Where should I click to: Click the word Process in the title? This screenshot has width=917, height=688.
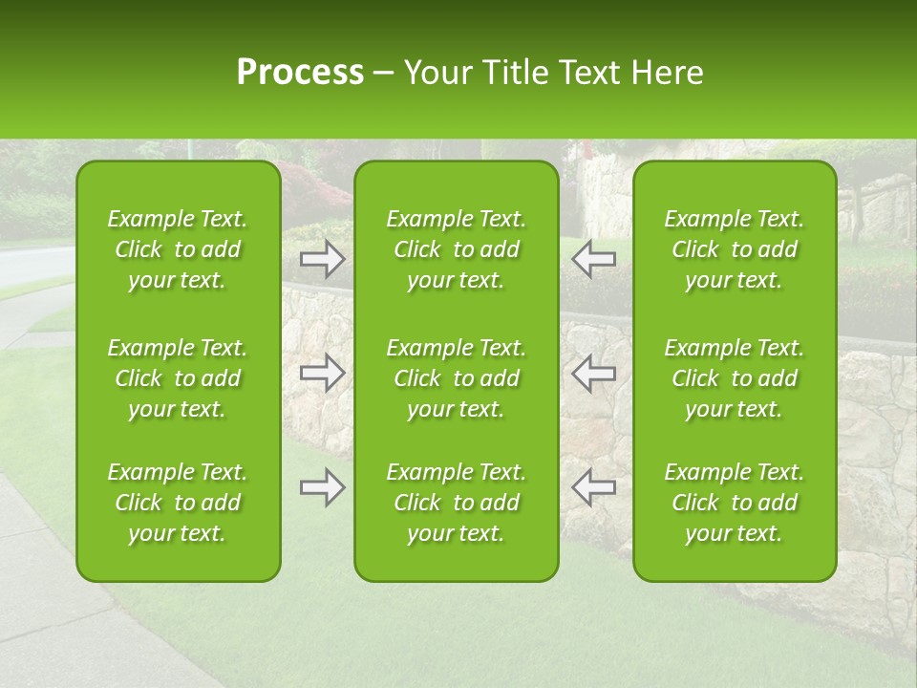click(x=300, y=73)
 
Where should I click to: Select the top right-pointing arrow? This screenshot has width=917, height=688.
click(x=322, y=257)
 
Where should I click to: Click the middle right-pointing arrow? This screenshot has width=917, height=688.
click(x=322, y=373)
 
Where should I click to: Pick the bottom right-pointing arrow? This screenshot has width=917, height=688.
click(x=322, y=487)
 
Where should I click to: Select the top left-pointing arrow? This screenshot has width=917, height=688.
click(x=593, y=257)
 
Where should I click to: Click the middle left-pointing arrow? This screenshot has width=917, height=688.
click(x=593, y=373)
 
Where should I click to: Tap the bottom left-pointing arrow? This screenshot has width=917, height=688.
click(x=593, y=487)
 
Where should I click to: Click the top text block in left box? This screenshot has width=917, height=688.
click(x=178, y=249)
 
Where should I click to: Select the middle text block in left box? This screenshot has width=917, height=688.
click(x=178, y=378)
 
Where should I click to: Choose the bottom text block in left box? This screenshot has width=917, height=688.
click(x=178, y=503)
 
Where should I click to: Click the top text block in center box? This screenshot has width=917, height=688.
click(x=457, y=249)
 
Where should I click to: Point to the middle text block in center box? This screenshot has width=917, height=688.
click(x=457, y=378)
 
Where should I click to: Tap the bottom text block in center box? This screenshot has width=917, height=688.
click(x=457, y=503)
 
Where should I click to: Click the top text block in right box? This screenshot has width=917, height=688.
click(x=735, y=249)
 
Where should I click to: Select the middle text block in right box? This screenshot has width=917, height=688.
click(x=735, y=378)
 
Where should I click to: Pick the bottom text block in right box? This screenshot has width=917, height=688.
click(x=735, y=503)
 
